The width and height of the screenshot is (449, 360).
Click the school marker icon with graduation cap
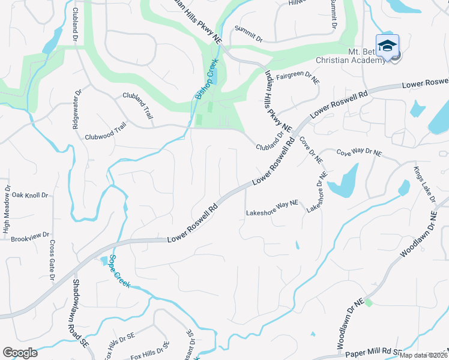387,46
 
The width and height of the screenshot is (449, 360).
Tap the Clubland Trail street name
136,98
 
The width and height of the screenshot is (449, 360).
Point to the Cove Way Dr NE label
359,153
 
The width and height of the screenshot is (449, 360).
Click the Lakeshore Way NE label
272,212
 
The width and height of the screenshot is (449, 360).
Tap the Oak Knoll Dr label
25,195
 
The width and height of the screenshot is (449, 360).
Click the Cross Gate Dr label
52,261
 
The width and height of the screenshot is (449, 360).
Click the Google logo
20,353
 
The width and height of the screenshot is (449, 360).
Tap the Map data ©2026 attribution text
423,355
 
